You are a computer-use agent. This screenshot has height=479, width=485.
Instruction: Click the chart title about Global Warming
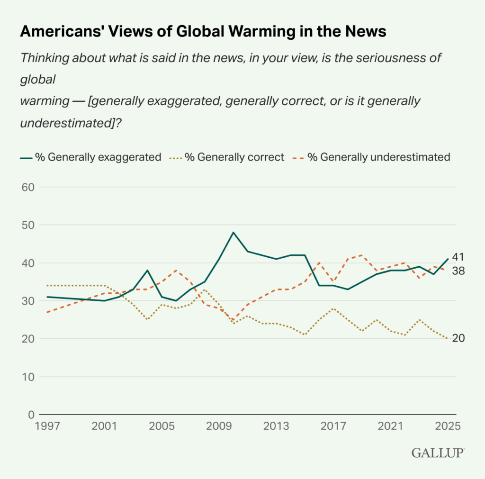point(203,31)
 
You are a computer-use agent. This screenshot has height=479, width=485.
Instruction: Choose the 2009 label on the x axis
point(219,426)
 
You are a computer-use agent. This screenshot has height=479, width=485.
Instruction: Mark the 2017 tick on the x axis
point(333,426)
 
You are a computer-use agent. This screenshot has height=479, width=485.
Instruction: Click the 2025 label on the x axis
point(448,426)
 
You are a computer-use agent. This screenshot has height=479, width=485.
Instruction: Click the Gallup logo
point(438,453)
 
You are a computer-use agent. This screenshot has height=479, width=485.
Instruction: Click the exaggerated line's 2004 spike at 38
point(147,271)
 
